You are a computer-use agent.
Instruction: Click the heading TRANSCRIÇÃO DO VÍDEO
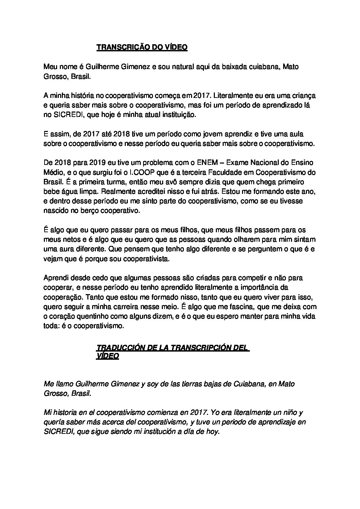tap(142, 48)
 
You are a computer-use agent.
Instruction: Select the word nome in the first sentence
tap(64, 67)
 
